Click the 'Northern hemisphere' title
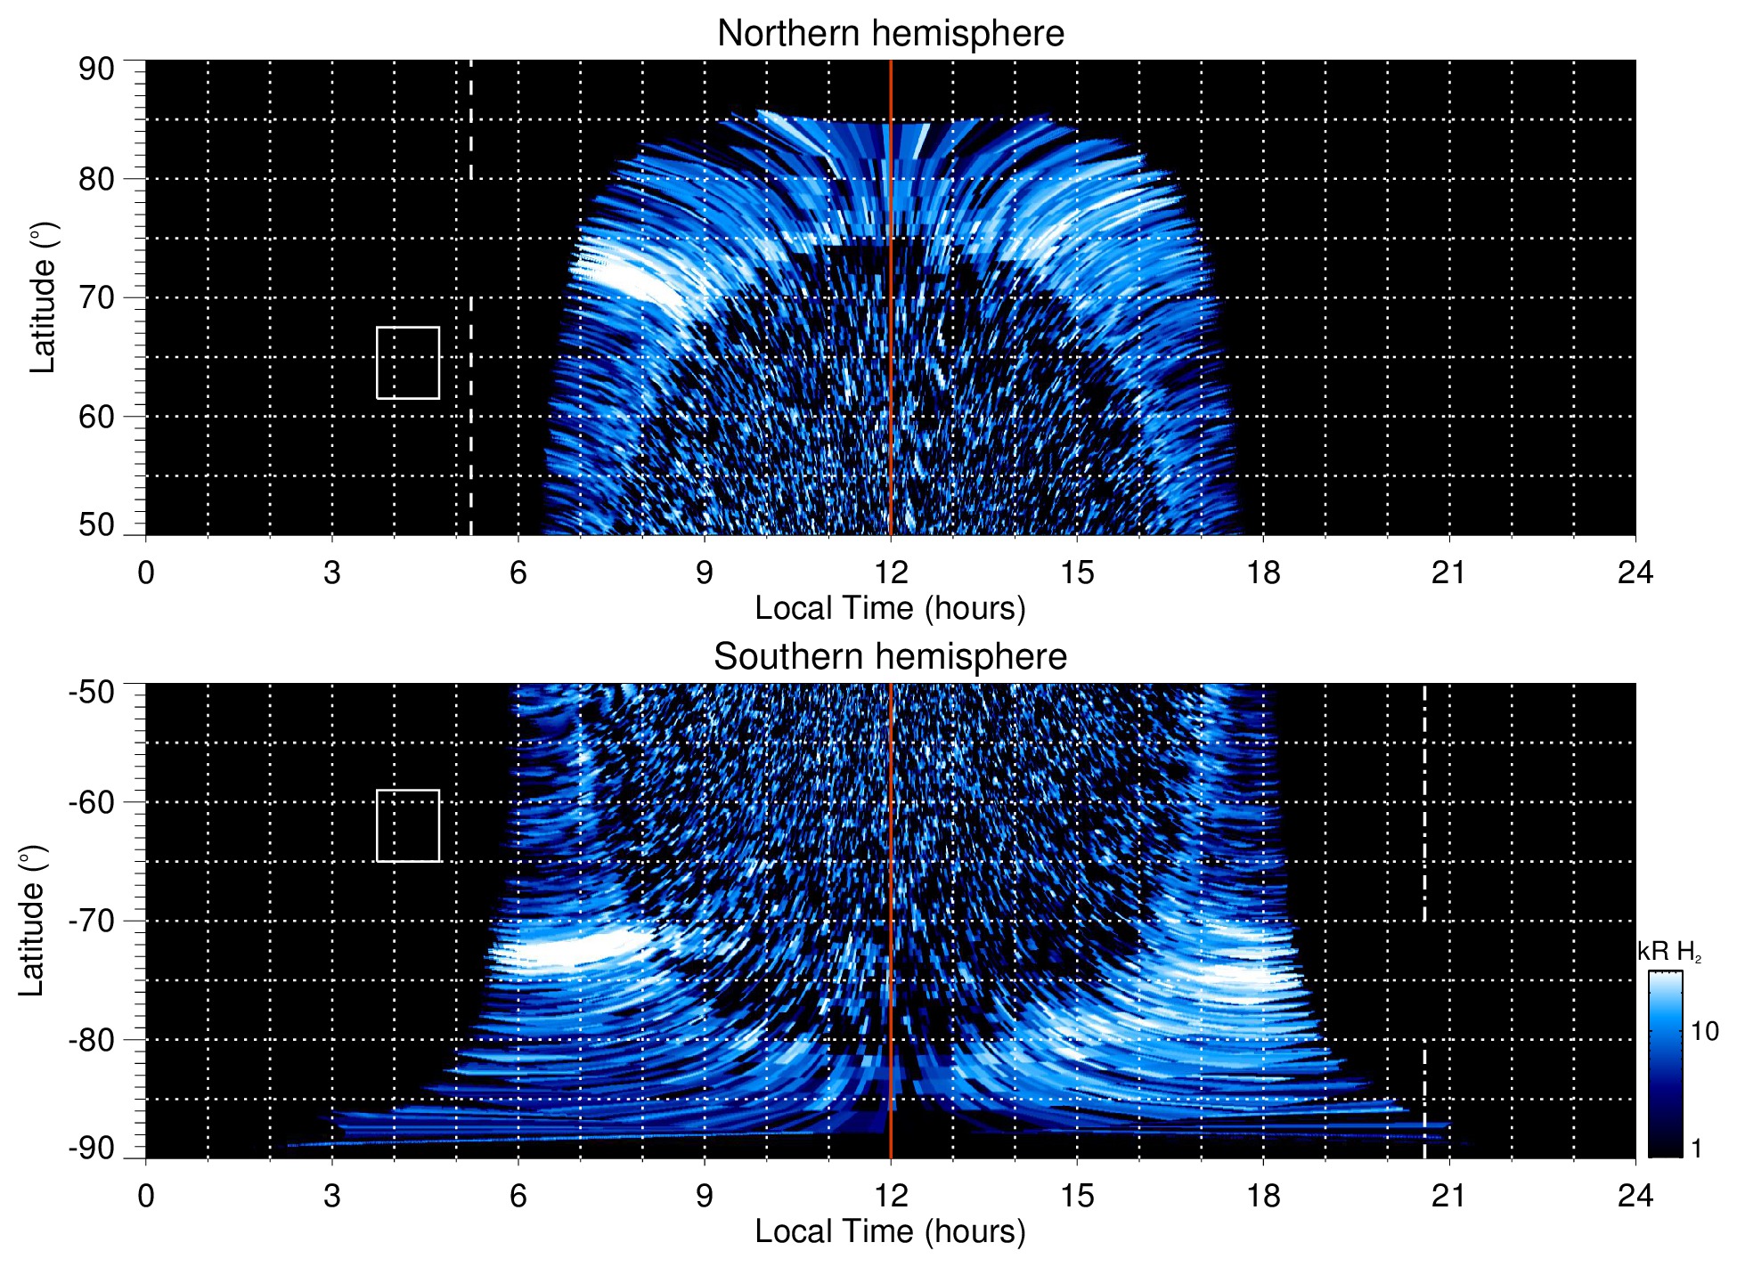coord(890,34)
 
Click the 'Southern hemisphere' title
coord(890,657)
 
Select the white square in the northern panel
coord(408,362)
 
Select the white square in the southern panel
coord(408,825)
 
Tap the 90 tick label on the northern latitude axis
coord(96,69)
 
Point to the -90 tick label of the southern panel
coord(92,1148)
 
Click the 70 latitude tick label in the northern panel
coord(96,297)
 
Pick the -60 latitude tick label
coord(92,801)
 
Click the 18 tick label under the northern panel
coord(1263,573)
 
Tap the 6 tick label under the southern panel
coord(518,1196)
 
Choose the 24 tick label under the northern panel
coord(1635,573)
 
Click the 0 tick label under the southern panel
coord(146,1196)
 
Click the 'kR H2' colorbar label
coord(1669,952)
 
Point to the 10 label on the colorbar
coord(1704,1031)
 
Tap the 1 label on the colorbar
coord(1696,1148)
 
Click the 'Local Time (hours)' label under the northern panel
coord(890,608)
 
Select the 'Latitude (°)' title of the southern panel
coord(32,921)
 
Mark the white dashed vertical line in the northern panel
coord(470,267)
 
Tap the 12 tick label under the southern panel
coord(890,1196)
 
